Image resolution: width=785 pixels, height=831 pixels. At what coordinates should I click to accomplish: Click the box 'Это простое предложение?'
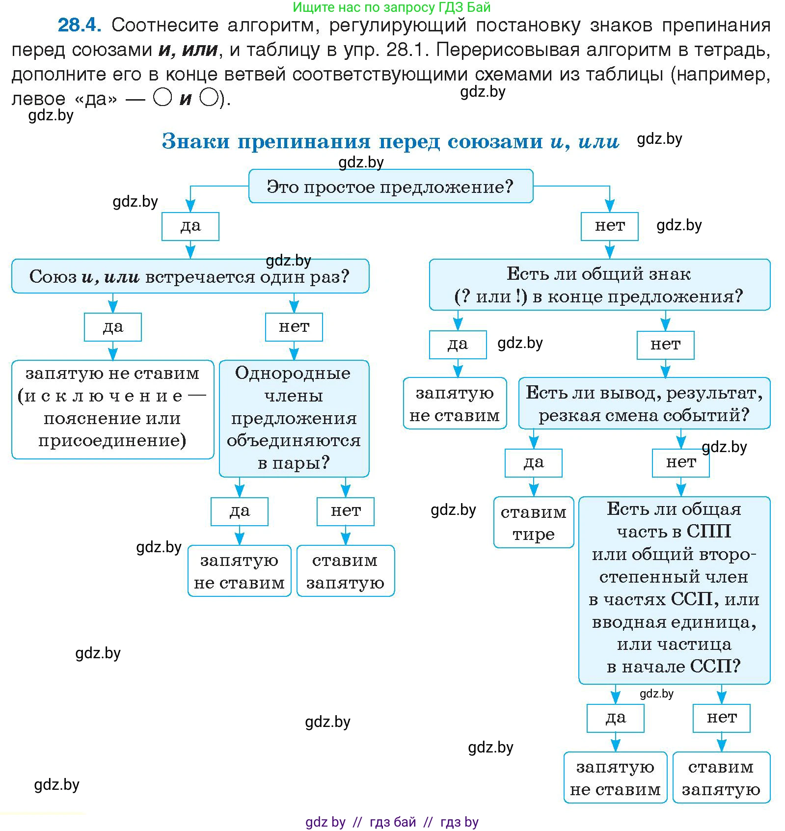click(390, 187)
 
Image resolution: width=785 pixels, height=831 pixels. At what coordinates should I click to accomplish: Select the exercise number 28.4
click(80, 25)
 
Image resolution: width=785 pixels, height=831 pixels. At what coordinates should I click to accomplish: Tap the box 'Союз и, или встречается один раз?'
click(190, 276)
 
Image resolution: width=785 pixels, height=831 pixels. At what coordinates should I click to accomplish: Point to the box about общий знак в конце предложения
click(599, 285)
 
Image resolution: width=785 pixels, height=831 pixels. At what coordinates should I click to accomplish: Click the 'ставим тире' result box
click(533, 522)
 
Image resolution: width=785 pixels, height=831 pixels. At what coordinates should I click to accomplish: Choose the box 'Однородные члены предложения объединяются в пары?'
click(294, 418)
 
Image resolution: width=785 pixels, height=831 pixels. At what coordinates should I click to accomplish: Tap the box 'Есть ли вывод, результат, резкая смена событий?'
click(644, 403)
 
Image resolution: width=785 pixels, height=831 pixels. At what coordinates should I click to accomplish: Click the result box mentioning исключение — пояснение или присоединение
click(112, 409)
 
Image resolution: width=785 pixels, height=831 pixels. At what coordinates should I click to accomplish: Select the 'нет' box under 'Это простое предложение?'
click(609, 226)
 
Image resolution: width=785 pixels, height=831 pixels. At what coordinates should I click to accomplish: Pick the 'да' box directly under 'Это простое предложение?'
click(190, 226)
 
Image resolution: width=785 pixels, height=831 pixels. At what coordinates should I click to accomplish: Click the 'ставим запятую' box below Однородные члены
click(345, 571)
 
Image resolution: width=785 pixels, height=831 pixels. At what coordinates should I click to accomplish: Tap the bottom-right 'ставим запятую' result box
click(721, 777)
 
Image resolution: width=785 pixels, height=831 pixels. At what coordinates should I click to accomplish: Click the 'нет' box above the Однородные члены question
click(294, 327)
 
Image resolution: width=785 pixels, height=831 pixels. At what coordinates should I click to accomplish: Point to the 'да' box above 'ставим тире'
click(533, 463)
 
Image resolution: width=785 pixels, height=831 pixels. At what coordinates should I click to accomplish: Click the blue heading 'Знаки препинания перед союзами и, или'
click(390, 141)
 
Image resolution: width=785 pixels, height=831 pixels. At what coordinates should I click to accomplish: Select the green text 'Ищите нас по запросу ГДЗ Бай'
click(391, 7)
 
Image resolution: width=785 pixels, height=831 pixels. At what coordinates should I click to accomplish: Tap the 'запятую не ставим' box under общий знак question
click(455, 403)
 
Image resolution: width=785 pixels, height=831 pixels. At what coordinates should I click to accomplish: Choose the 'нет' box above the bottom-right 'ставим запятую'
click(721, 718)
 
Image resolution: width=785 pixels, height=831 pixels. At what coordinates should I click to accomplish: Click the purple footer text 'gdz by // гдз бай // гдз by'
click(391, 822)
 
